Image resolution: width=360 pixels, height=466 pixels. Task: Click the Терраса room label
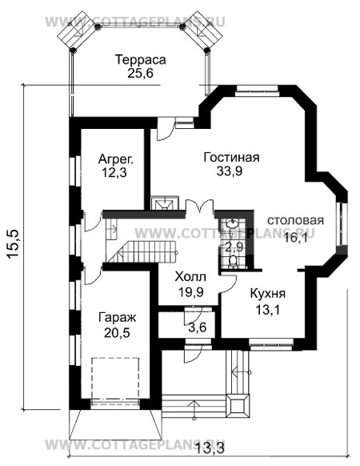[x=139, y=60]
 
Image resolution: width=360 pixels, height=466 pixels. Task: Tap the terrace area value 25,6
[x=139, y=74]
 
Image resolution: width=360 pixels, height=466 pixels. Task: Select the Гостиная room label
[x=233, y=157]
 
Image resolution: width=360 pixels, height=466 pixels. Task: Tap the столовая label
[x=295, y=221]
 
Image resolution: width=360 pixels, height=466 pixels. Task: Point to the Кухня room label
[x=267, y=293]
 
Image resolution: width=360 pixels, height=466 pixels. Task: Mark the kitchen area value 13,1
[x=267, y=307]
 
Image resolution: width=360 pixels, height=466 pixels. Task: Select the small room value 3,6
[x=197, y=326]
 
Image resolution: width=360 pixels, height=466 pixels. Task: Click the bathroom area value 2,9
[x=234, y=247]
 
